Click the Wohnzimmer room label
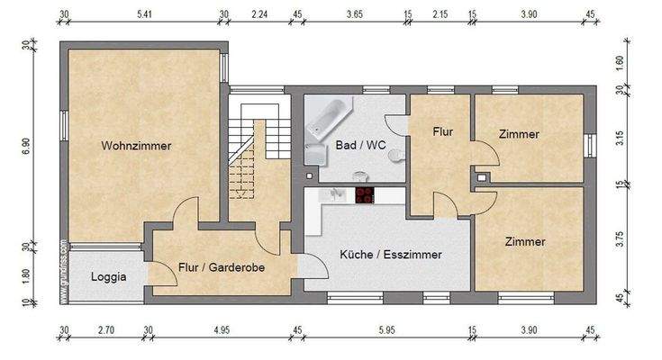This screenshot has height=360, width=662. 136,145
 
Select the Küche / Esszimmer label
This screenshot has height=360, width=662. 390,255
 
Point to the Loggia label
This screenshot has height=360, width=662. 108,276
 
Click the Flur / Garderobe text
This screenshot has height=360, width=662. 221,266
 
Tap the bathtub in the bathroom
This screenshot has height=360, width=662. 329,118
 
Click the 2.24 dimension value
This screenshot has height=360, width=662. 259,14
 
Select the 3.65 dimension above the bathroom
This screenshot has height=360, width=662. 354,14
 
